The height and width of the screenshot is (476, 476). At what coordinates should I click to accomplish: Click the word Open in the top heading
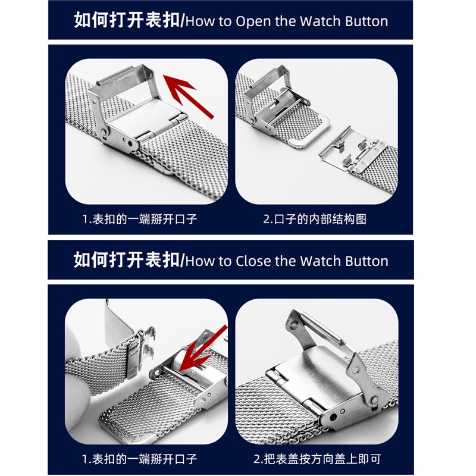pos(253,21)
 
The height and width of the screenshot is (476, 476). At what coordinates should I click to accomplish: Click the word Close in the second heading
pos(254,261)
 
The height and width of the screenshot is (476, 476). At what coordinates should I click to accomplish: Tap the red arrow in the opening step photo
pos(188,96)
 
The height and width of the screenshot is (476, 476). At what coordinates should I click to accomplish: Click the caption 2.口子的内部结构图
pos(315,219)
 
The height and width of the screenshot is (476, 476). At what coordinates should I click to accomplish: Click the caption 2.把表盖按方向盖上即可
pos(317,459)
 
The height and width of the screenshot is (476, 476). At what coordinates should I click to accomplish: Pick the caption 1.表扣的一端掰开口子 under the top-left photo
pos(140,219)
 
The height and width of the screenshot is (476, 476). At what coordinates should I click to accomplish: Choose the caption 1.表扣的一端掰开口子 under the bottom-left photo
pos(140,459)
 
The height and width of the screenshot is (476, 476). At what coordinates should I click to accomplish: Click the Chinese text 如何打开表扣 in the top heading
pos(127,20)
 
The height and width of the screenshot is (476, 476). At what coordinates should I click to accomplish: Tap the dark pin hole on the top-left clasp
pos(130,143)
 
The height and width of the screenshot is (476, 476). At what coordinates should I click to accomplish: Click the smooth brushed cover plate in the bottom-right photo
pos(319,372)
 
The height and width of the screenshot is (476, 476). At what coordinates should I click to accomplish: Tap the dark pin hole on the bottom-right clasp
pos(333,417)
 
